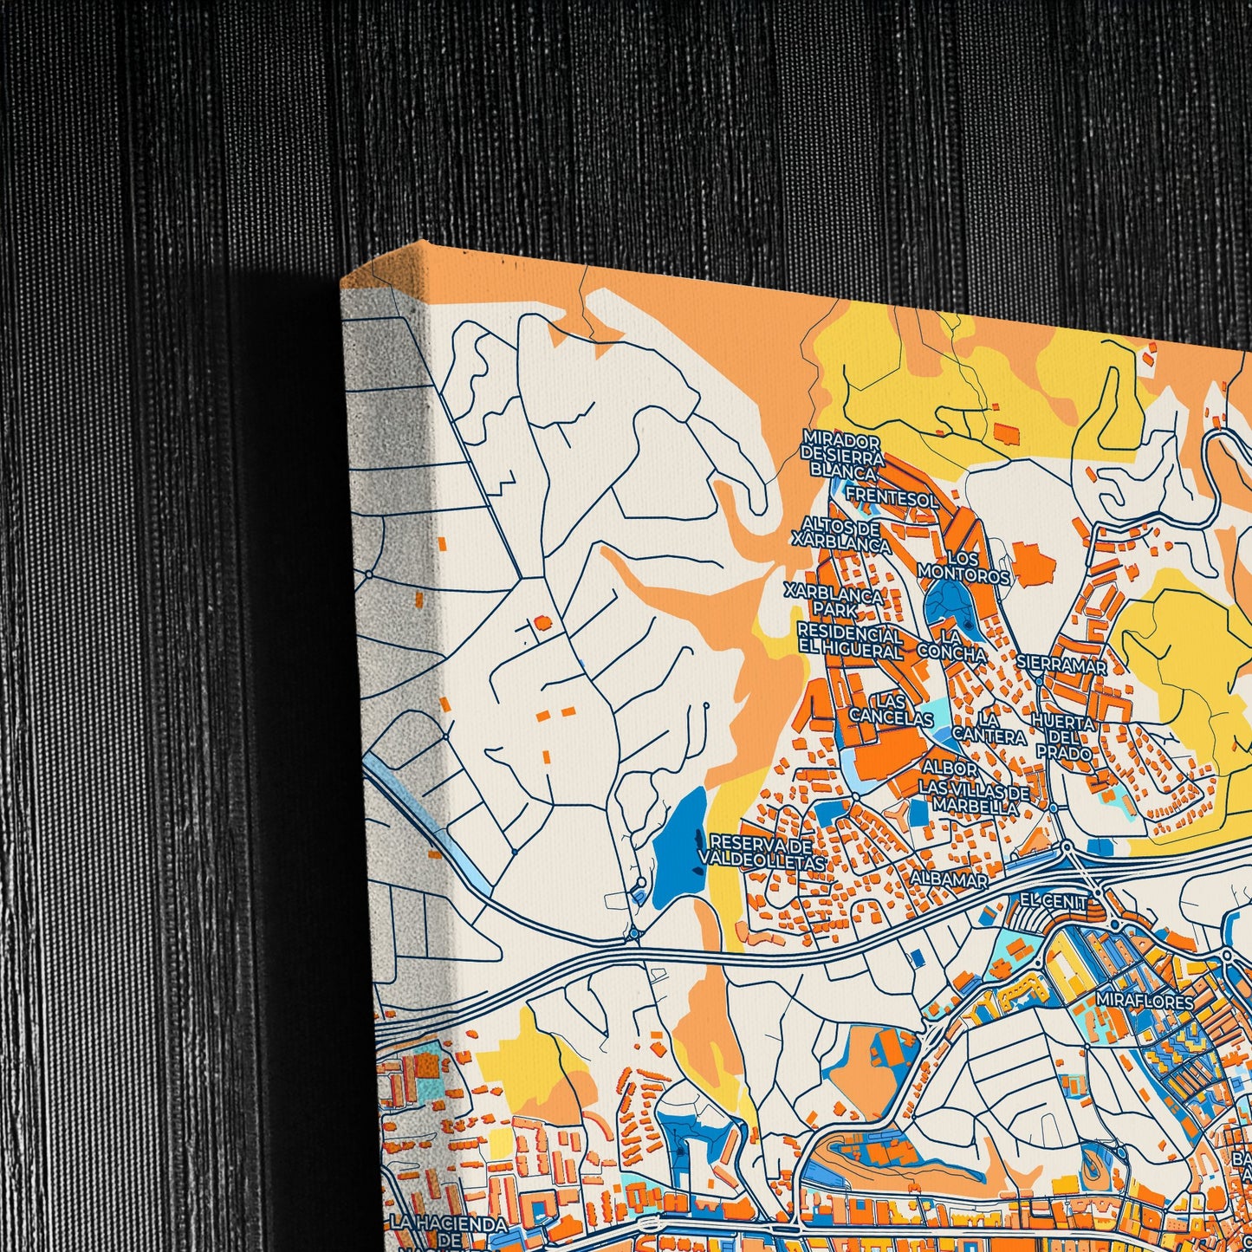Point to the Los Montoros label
[963, 568]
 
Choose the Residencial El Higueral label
[849, 641]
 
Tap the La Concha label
[950, 645]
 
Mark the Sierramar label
[1063, 666]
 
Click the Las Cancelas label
[891, 709]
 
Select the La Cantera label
[989, 728]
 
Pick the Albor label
[950, 769]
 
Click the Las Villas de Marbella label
[974, 798]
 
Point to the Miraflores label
[1144, 1001]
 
